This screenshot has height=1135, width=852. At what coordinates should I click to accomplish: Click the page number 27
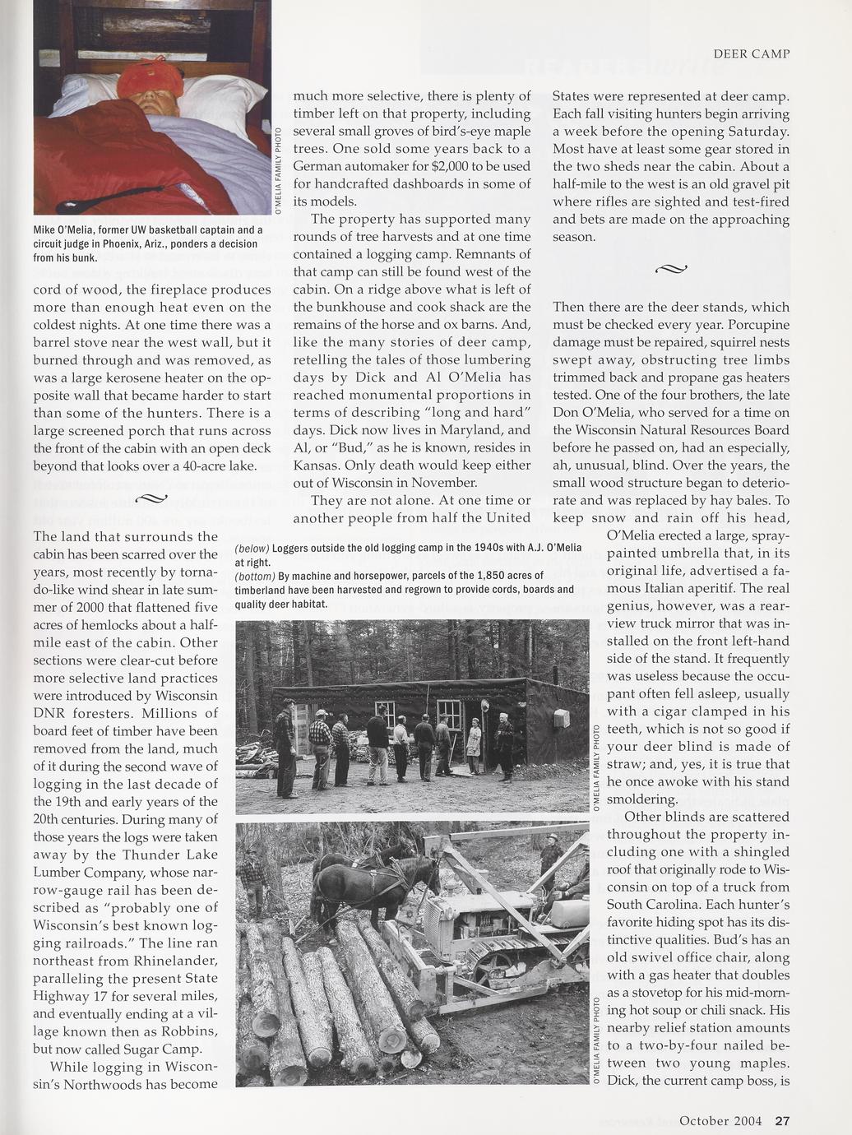pyautogui.click(x=782, y=1120)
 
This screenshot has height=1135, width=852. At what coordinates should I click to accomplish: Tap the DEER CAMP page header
pyautogui.click(x=751, y=53)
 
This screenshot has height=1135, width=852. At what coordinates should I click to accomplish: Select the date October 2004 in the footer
pyautogui.click(x=720, y=1120)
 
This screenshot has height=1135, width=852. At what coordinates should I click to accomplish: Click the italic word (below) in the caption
pyautogui.click(x=252, y=548)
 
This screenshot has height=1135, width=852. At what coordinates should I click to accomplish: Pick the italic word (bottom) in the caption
pyautogui.click(x=255, y=576)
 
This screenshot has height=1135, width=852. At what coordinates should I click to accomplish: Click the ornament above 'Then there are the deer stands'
pyautogui.click(x=671, y=268)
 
